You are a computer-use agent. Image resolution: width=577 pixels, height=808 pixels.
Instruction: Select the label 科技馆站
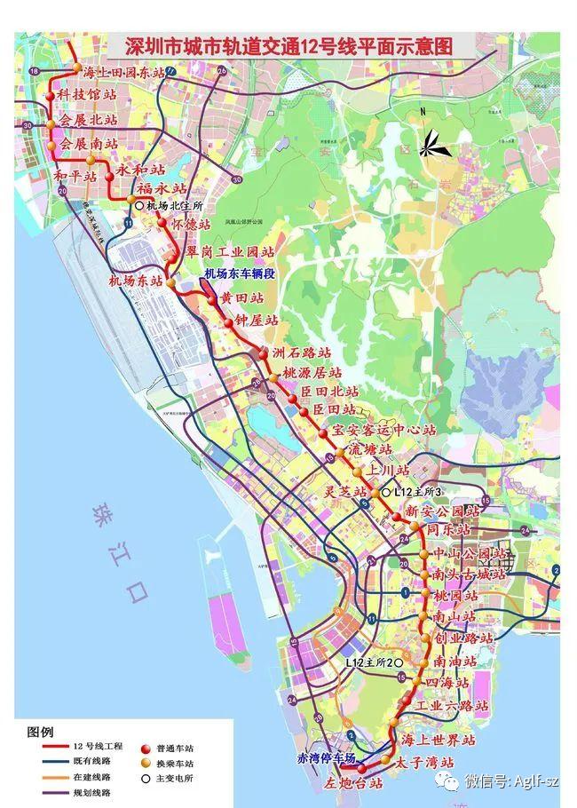pos(87,94)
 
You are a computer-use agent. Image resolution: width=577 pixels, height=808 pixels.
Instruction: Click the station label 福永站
pos(161,188)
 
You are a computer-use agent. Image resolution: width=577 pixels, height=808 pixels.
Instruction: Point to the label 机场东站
pos(135,281)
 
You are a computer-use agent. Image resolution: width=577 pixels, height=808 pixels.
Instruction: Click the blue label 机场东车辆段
pos(241,274)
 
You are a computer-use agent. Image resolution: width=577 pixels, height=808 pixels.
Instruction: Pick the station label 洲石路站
pos(307,353)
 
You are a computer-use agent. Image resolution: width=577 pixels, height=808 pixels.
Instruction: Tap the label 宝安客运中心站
pos(383,430)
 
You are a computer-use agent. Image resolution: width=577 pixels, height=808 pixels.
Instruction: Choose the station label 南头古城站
pos(468,574)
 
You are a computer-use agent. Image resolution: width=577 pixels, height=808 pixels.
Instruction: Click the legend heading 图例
pos(41,732)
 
